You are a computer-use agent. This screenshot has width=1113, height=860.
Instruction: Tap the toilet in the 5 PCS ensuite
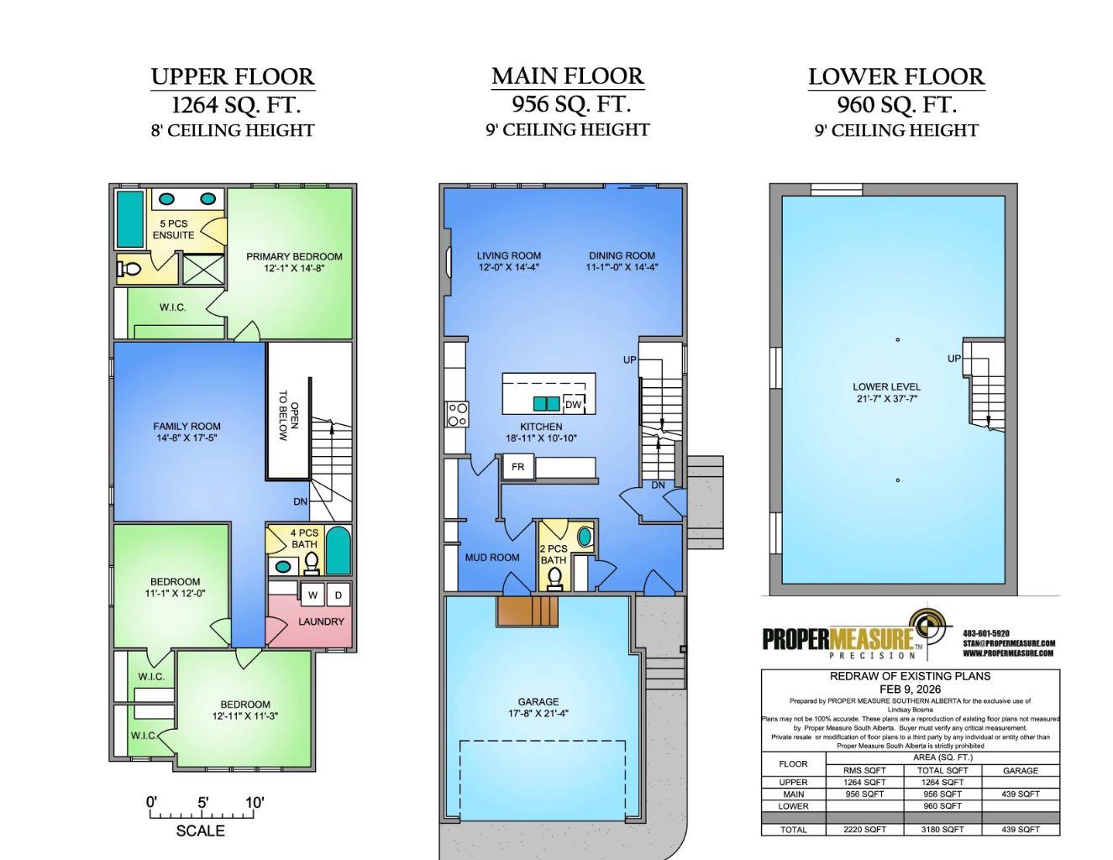click(129, 269)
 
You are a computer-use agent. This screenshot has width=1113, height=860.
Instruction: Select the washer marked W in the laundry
click(313, 595)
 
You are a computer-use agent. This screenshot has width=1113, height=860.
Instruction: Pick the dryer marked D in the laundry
click(338, 595)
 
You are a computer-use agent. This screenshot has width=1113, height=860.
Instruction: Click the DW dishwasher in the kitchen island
click(573, 405)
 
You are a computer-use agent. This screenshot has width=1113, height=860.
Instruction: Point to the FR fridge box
click(517, 467)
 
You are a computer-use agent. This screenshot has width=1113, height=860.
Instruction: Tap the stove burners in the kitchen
click(457, 415)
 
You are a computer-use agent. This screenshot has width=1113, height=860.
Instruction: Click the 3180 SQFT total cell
click(942, 830)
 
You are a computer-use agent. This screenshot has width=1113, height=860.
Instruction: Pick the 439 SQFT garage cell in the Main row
click(1021, 794)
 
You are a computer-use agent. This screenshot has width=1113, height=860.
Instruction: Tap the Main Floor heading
click(568, 76)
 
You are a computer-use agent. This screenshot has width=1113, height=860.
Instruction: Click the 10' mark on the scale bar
click(254, 802)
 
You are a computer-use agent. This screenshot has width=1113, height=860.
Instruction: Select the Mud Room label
click(491, 558)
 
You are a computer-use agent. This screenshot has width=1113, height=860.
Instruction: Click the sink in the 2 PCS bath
click(584, 536)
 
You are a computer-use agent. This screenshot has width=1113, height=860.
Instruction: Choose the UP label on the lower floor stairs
click(953, 359)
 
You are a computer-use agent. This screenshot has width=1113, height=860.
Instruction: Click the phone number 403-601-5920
click(986, 633)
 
